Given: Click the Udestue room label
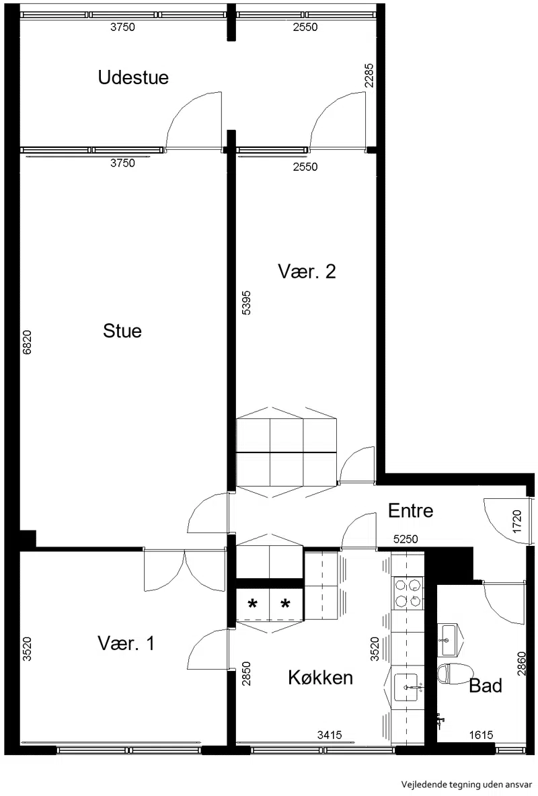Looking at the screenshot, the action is pyautogui.click(x=133, y=78).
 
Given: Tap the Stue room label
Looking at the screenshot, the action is pyautogui.click(x=122, y=331).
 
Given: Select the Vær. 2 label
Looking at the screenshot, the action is pyautogui.click(x=307, y=272).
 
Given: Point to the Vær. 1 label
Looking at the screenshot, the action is pyautogui.click(x=126, y=643).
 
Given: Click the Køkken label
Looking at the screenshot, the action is pyautogui.click(x=321, y=678).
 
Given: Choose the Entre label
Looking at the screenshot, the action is pyautogui.click(x=410, y=511).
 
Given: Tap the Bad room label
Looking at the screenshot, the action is pyautogui.click(x=486, y=686).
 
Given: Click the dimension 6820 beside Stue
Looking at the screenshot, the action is pyautogui.click(x=28, y=342).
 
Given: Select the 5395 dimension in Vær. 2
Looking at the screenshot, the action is pyautogui.click(x=246, y=303).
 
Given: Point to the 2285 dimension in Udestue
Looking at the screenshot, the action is pyautogui.click(x=369, y=75).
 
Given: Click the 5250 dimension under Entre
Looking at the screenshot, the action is pyautogui.click(x=406, y=539).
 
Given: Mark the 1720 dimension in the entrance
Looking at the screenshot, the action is pyautogui.click(x=518, y=521).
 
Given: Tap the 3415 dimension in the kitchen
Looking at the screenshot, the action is pyautogui.click(x=330, y=735).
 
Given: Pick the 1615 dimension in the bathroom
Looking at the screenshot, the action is pyautogui.click(x=481, y=735).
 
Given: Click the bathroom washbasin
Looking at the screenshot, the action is pyautogui.click(x=449, y=639).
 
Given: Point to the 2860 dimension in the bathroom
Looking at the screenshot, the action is pyautogui.click(x=522, y=664).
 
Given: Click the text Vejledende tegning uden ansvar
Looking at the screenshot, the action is pyautogui.click(x=466, y=785).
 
